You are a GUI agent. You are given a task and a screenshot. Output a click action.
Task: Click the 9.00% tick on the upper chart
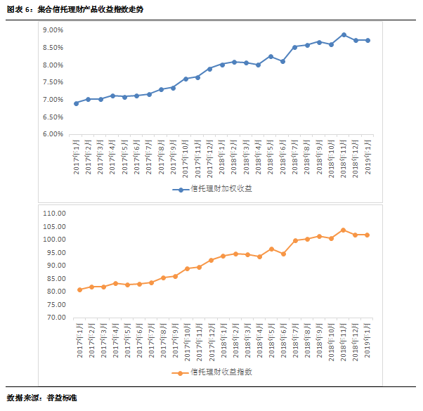[53, 30]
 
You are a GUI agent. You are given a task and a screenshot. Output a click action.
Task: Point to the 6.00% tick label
[53, 134]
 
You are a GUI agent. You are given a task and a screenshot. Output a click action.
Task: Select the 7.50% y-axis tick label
[53, 82]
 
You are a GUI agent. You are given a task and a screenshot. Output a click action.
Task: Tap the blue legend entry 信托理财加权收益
[216, 189]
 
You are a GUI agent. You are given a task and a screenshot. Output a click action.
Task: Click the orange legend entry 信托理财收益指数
[216, 373]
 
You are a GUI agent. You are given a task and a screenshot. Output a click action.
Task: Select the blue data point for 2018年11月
[344, 34]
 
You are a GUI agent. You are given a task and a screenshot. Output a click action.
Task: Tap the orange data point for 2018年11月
[344, 230]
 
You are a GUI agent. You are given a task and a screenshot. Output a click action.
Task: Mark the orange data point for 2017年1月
[79, 289]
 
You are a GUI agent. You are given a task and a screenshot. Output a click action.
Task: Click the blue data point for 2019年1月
[367, 40]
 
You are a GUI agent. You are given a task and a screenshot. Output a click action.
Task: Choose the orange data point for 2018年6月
[283, 254]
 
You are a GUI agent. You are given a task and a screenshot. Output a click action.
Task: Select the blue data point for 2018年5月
[271, 56]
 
